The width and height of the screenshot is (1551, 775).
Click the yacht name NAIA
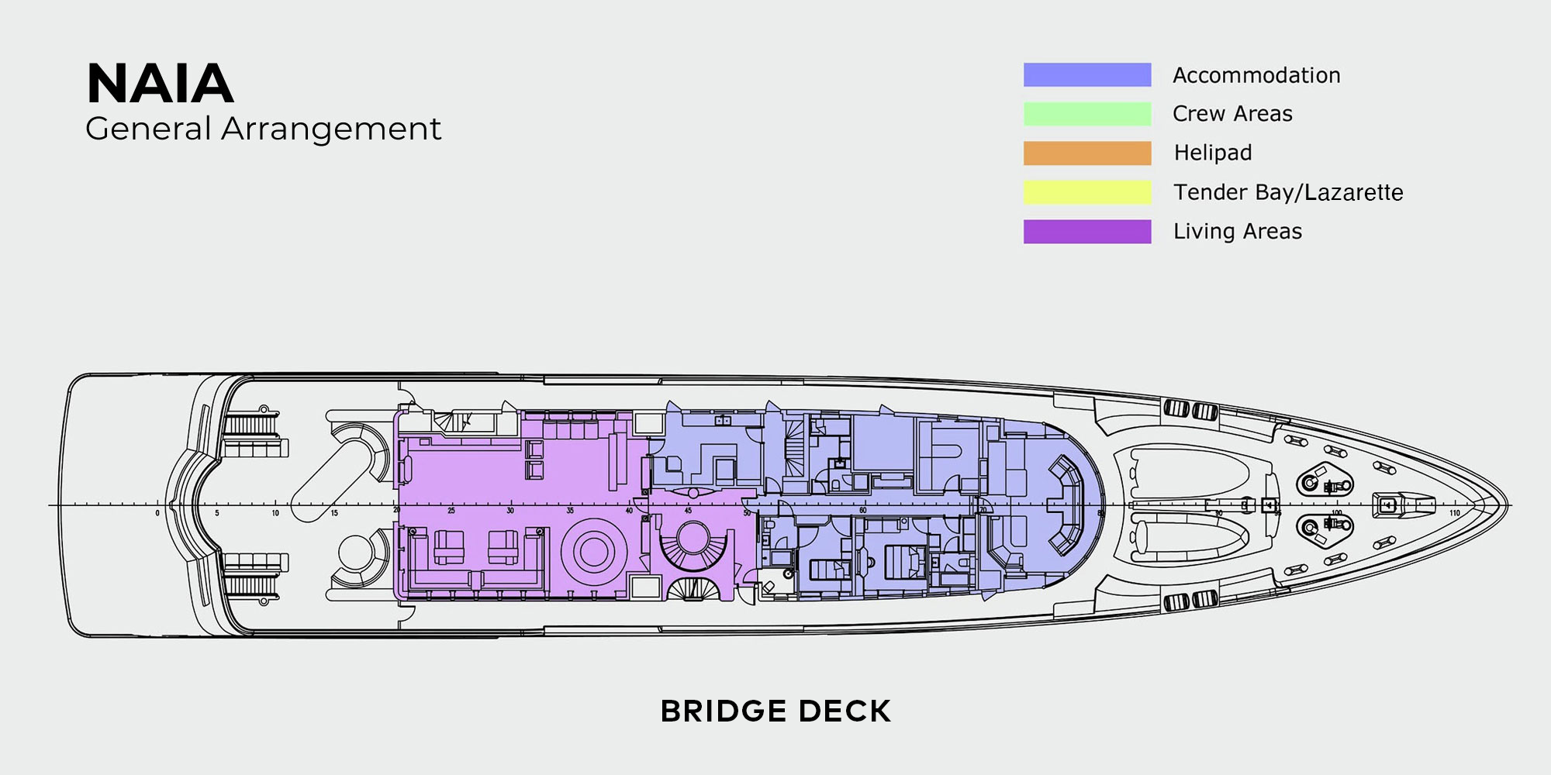160,84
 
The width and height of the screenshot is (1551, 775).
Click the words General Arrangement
263,129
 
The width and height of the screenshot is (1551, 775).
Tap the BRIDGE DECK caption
775,711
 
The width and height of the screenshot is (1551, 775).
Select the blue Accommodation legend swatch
1086,74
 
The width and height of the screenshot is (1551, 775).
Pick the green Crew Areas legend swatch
1086,114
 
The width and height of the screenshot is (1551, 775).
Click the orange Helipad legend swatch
1086,153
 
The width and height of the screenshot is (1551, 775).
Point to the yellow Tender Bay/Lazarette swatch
1086,192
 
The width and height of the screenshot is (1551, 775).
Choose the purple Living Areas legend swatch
1086,232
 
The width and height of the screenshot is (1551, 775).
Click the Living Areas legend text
1237,232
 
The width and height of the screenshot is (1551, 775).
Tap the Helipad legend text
1212,153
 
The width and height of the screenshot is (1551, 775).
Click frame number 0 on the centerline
157,513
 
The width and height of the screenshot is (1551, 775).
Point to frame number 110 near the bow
1455,513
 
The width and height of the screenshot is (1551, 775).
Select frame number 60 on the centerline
862,511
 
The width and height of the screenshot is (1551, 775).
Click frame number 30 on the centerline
510,511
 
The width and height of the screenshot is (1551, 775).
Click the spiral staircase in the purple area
690,542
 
